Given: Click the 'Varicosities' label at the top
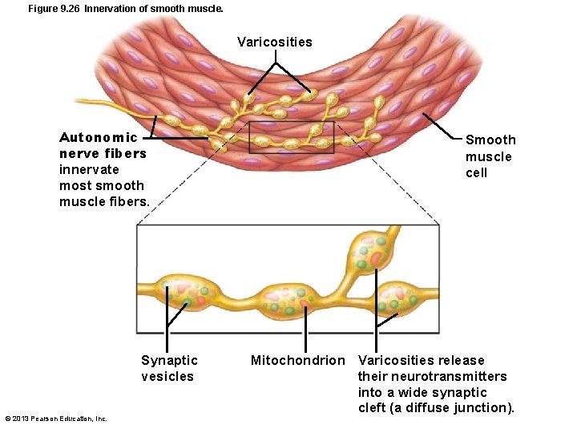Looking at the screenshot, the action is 275,42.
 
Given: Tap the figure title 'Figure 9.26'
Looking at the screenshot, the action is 54,9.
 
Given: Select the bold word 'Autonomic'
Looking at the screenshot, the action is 99,137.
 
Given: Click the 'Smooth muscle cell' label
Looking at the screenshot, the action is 490,156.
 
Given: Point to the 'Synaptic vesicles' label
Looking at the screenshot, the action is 168,368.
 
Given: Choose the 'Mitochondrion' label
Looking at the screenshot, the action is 297,360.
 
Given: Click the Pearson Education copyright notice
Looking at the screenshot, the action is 56,419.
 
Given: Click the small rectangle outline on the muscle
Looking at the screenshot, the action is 291,137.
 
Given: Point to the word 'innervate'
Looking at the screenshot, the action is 89,169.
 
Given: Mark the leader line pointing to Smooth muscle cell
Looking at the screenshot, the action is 442,128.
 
